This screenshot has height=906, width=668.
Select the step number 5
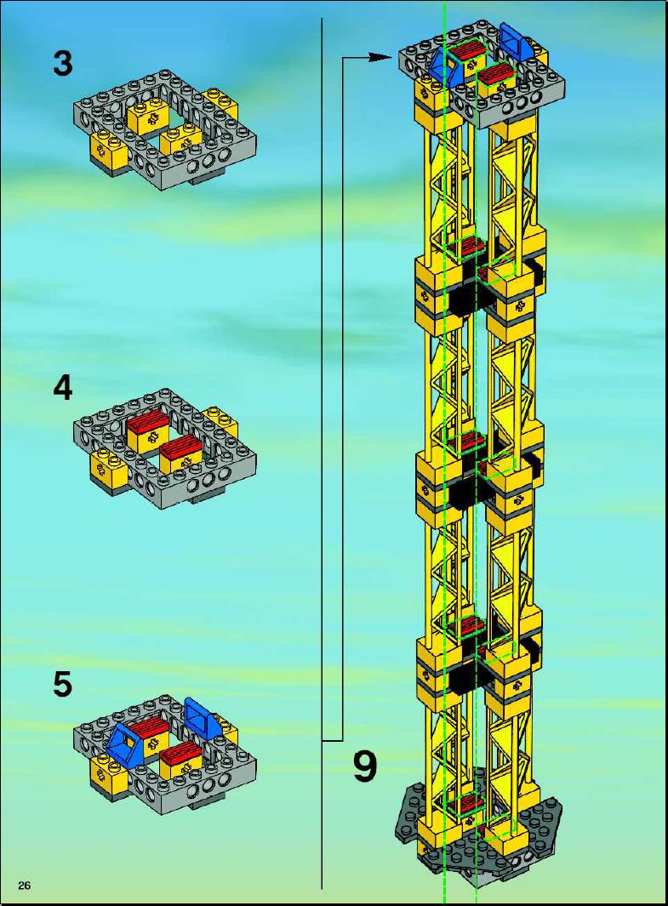click(x=63, y=684)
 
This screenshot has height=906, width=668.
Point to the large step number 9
click(x=365, y=766)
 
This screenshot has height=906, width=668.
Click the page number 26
click(x=25, y=885)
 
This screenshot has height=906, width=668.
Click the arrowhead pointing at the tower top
click(x=381, y=57)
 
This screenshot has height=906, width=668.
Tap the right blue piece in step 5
click(x=203, y=718)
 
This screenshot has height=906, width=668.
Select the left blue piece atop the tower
click(x=447, y=67)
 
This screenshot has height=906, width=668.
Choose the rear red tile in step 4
click(x=146, y=425)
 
